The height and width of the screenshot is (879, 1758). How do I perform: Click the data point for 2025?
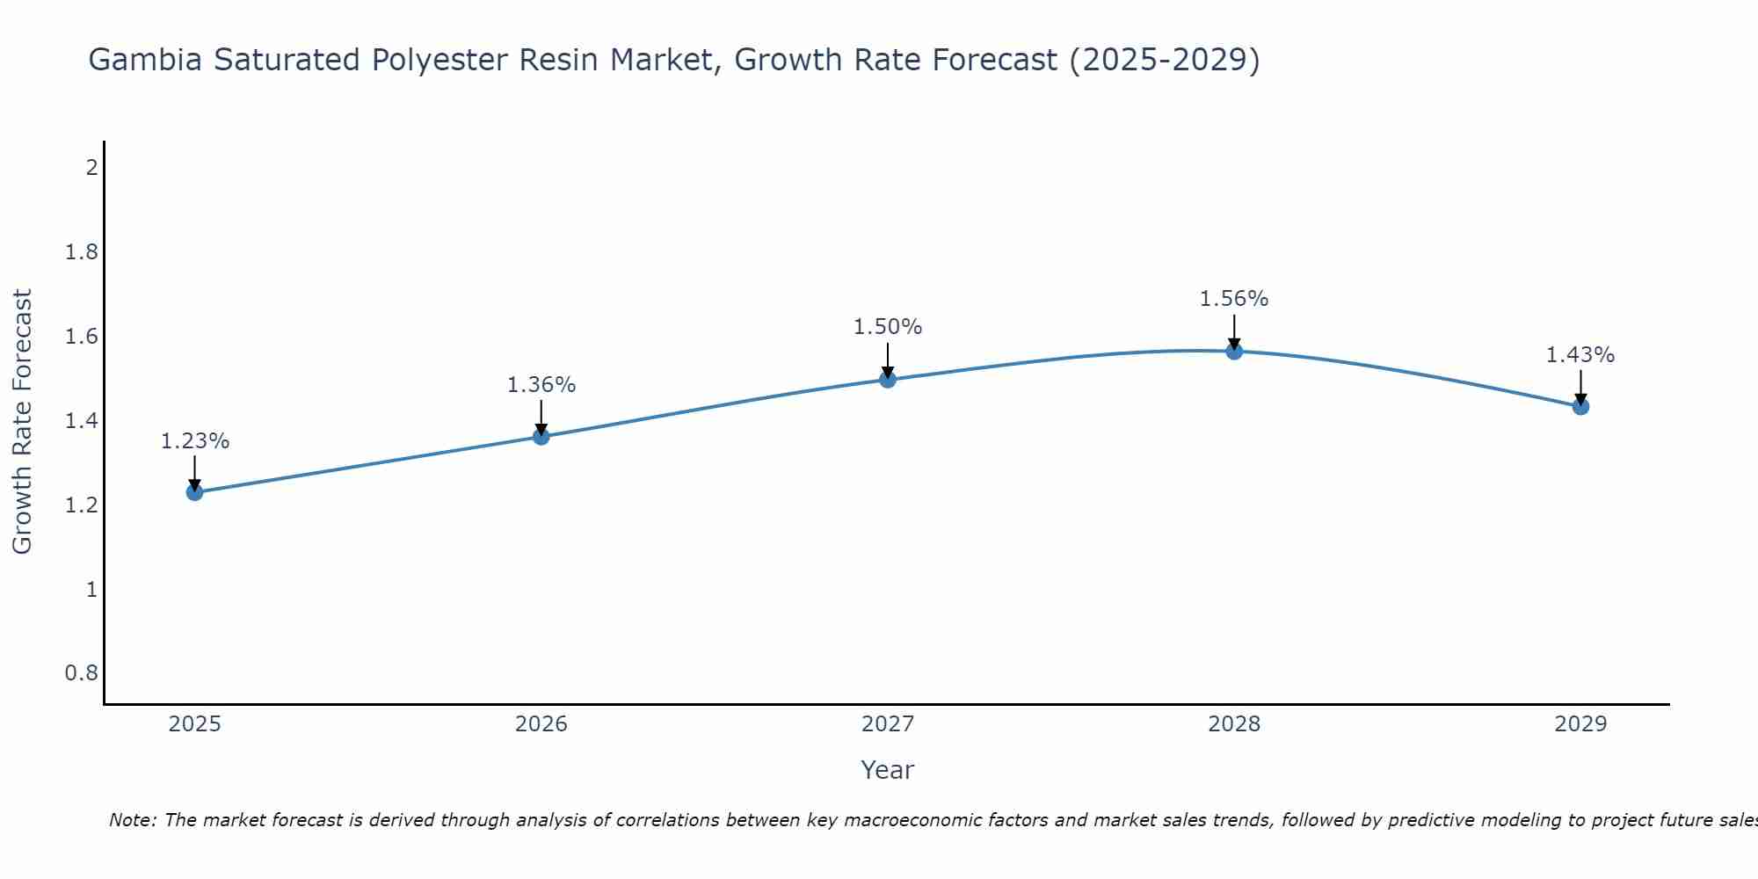[x=195, y=492]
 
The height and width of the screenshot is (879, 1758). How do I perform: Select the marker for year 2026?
[x=541, y=436]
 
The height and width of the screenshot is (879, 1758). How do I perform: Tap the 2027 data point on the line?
[x=888, y=380]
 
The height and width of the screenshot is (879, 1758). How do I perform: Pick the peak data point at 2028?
[x=1234, y=352]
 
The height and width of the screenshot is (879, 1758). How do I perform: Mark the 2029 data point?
[x=1580, y=406]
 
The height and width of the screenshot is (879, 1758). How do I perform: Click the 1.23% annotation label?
[x=195, y=441]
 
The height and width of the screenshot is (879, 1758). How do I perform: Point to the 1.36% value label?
[x=541, y=385]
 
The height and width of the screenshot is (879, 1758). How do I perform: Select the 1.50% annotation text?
[x=888, y=327]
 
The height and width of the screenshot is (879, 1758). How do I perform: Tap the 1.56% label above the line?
[x=1234, y=299]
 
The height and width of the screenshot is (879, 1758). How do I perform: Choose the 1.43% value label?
[x=1580, y=355]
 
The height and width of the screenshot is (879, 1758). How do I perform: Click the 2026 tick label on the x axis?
[x=541, y=724]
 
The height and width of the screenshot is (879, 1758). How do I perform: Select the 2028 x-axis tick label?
[x=1234, y=724]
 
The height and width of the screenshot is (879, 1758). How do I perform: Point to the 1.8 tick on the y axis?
[x=82, y=253]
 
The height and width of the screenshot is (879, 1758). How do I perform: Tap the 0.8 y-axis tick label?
[x=82, y=673]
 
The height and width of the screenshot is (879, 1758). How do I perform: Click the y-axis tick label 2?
[x=91, y=168]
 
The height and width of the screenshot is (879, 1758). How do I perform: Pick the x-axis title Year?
[x=888, y=770]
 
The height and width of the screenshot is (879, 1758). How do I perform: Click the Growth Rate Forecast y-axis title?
[x=23, y=422]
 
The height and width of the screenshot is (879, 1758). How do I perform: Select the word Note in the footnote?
[x=132, y=820]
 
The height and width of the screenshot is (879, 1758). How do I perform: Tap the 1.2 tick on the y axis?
[x=82, y=505]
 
